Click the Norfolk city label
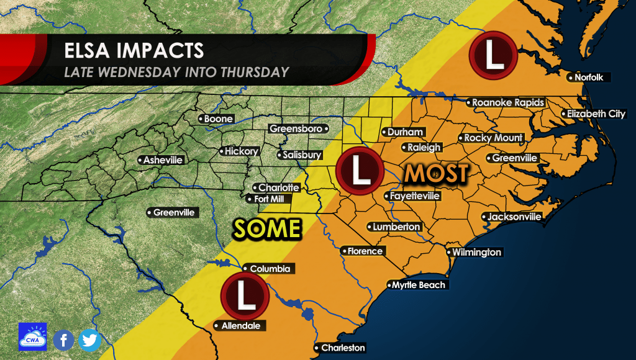[590, 78]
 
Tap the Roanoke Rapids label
[507, 102]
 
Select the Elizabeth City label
[594, 114]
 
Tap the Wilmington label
[475, 253]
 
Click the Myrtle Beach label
[417, 285]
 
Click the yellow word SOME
[267, 229]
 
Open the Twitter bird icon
[90, 340]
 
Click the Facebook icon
[63, 340]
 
